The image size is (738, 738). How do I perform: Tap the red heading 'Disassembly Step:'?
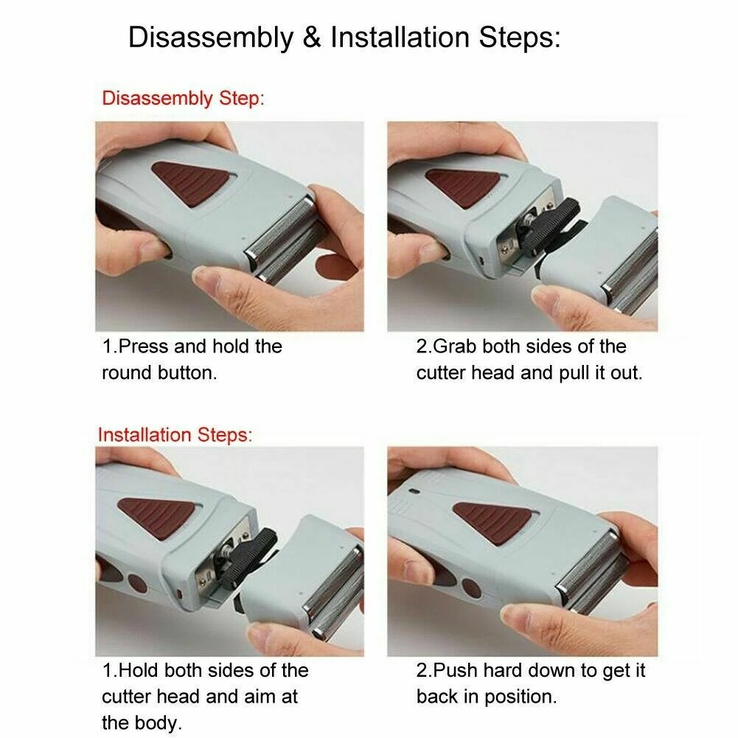(x=182, y=99)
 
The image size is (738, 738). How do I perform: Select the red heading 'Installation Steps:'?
(x=175, y=434)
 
